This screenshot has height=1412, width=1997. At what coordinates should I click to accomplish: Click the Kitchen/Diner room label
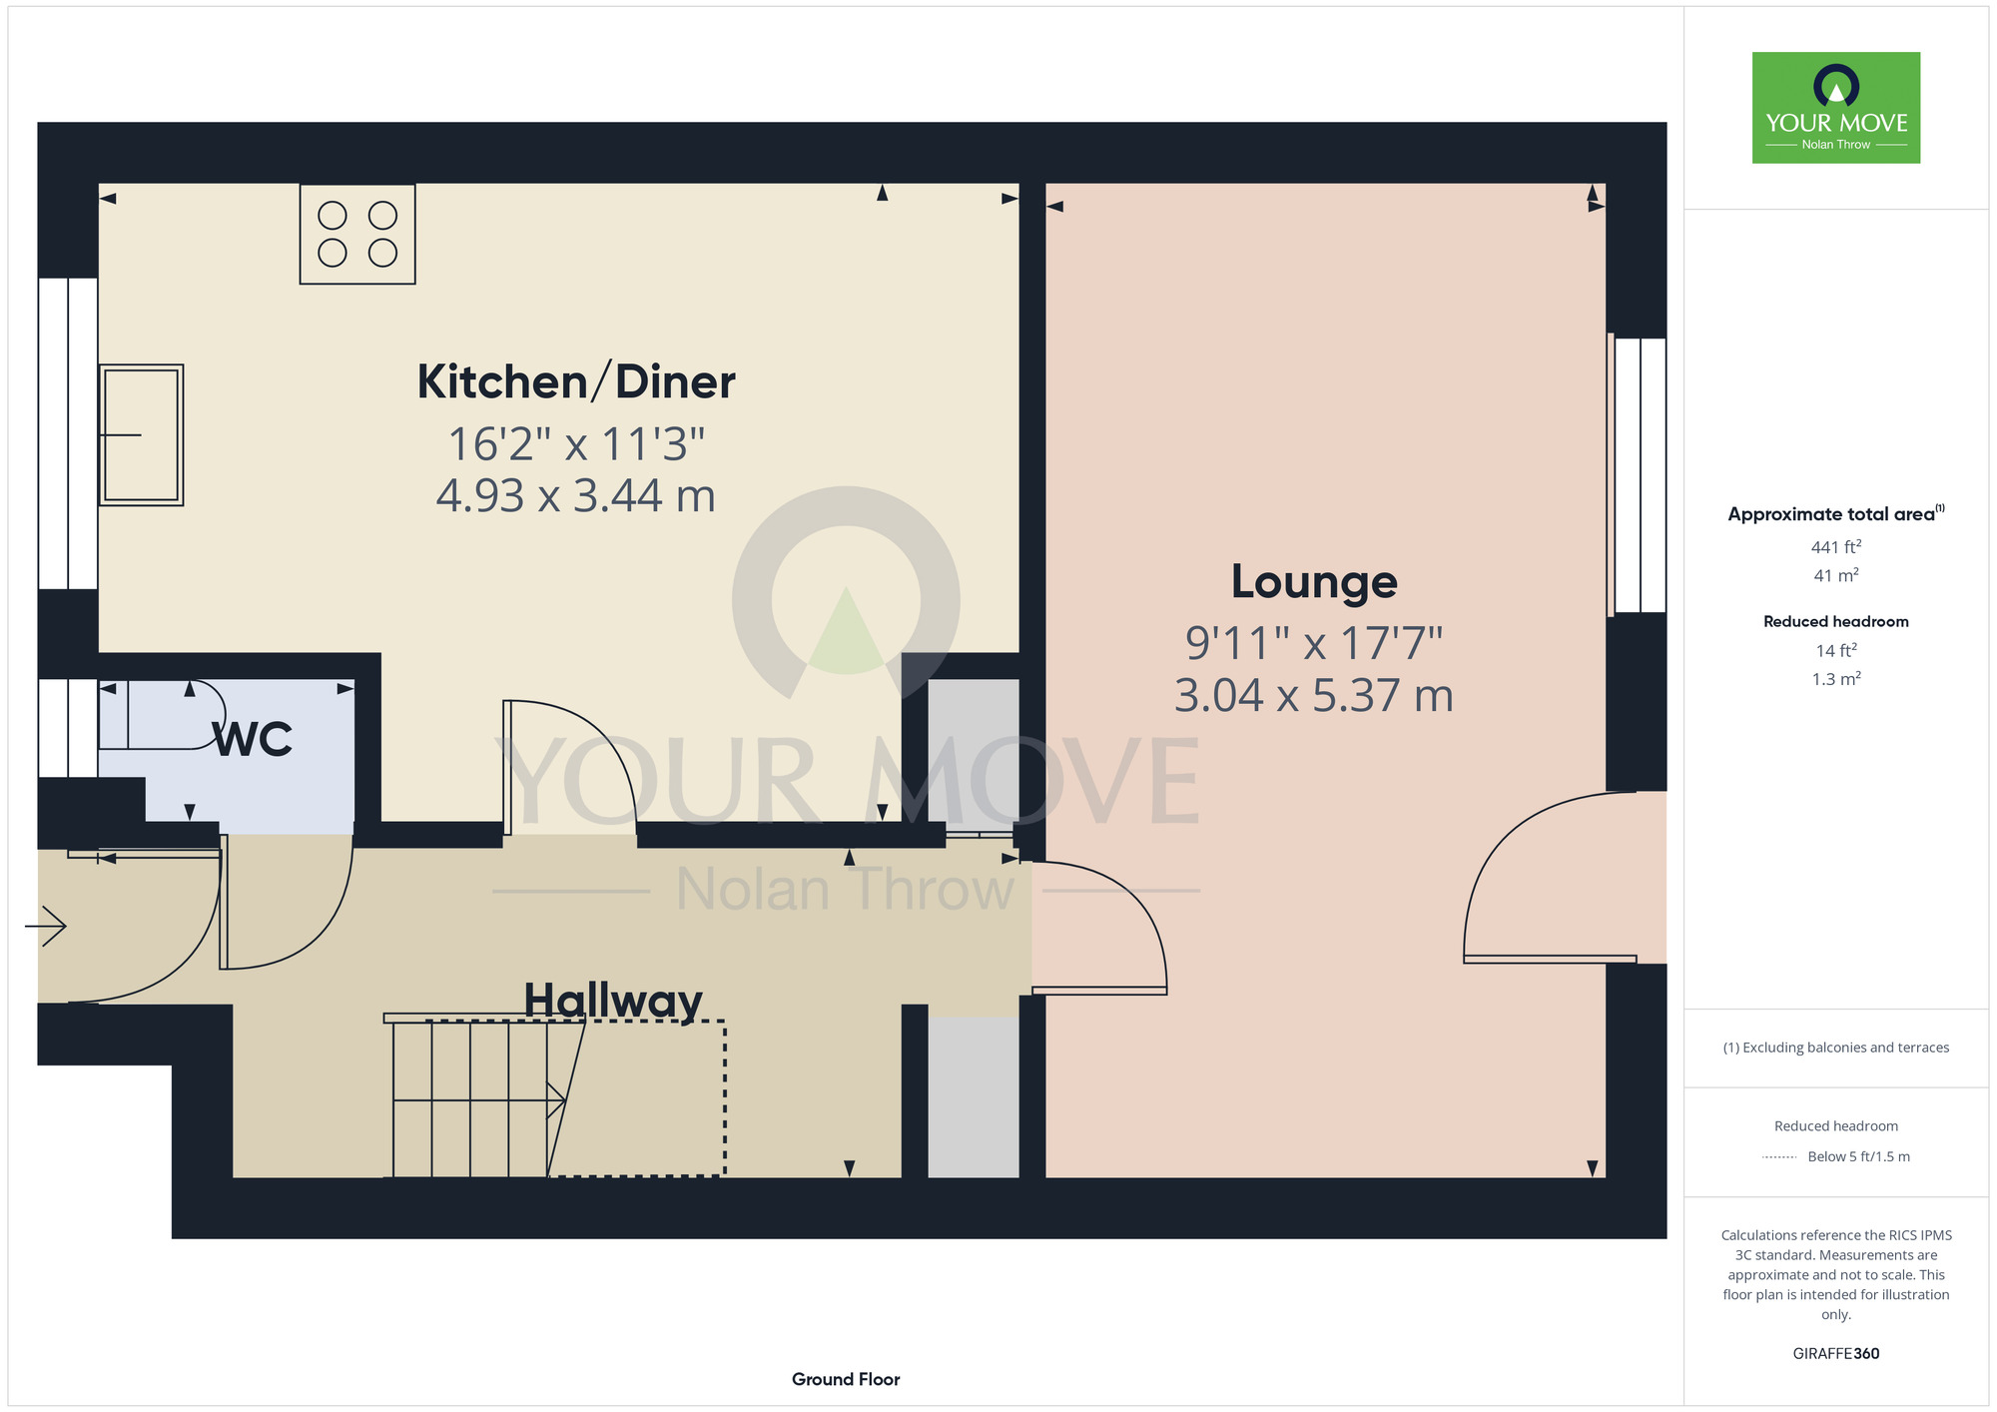coord(576,382)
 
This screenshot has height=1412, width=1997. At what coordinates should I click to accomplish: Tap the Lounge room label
coord(1314,582)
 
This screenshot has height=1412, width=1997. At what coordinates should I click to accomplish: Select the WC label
coord(254,740)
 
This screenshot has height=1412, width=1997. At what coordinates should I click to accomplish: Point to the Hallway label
coord(613,1001)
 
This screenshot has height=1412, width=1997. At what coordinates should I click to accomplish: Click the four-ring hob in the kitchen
coord(357,234)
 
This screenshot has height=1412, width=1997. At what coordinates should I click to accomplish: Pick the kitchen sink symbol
coord(141,434)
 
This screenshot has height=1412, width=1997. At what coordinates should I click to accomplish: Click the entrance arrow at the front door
coord(46,926)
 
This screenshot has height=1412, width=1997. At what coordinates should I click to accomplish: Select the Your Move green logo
coord(1836,108)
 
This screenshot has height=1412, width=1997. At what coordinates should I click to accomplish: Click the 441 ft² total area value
coord(1836,547)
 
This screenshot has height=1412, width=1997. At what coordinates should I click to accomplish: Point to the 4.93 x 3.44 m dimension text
coord(576,496)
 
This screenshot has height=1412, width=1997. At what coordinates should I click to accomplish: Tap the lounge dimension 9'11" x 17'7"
coord(1314,644)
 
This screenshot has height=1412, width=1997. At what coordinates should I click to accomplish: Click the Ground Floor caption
coord(846,1379)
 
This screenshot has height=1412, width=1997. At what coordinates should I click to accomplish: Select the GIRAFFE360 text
coord(1836,1354)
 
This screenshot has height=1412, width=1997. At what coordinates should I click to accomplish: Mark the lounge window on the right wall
coord(1638,475)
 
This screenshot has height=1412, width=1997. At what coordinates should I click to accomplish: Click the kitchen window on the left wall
coord(68,433)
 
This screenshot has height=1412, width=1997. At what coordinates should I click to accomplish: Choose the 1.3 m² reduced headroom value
coord(1836,679)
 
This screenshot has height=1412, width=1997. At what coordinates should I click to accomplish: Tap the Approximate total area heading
coord(1836,513)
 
